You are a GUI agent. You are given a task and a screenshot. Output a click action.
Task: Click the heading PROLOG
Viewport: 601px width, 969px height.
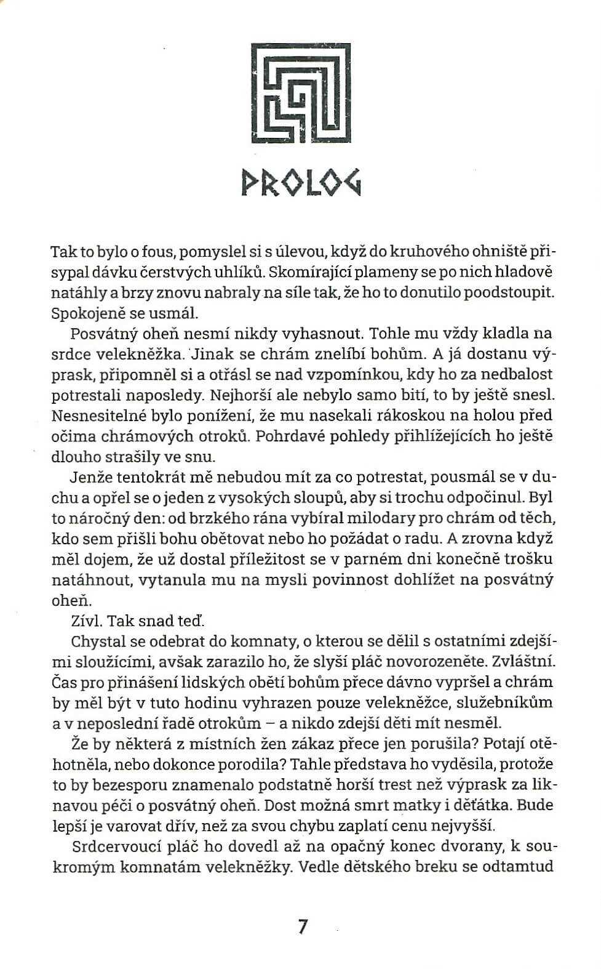coord(301,182)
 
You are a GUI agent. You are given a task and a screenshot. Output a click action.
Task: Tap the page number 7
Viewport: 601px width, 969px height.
coord(301,927)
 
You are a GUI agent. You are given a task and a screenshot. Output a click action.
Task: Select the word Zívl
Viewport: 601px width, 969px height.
coord(86,621)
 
